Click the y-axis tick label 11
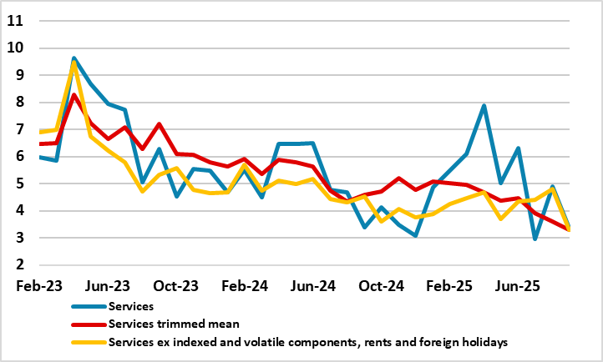(13, 21)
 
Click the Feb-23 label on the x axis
(39, 285)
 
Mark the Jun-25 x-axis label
(519, 285)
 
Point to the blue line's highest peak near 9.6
(74, 58)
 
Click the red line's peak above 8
(74, 95)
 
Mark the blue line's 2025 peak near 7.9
(484, 106)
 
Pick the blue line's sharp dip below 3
(535, 239)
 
